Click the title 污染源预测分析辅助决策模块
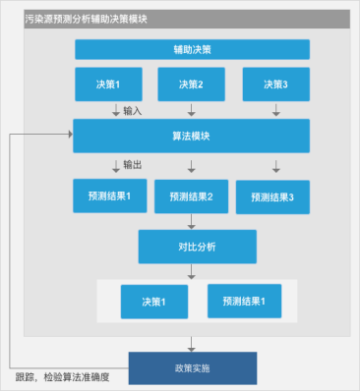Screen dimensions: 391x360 click(87, 19)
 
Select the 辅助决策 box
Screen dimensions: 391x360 click(192, 49)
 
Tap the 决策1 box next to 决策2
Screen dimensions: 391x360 click(108, 84)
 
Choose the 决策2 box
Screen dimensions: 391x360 click(192, 84)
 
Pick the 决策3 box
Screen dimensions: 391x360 click(275, 84)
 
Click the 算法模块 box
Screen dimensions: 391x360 click(192, 135)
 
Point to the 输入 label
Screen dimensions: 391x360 click(133, 110)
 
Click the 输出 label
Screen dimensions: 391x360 click(133, 164)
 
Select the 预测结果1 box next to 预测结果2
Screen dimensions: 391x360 click(108, 195)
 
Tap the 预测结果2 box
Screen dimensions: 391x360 click(192, 196)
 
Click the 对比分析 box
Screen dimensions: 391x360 click(197, 246)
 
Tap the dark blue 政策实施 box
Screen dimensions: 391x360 click(192, 367)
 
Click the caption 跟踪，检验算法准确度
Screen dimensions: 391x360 click(62, 377)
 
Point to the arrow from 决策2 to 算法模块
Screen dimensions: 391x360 click(192, 110)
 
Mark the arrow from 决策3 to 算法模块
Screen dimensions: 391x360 click(275, 110)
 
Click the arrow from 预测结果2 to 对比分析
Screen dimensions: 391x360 click(192, 222)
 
